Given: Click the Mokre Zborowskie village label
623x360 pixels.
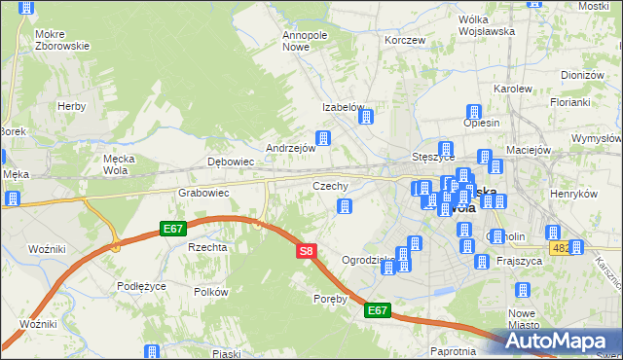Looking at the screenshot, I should (x=61, y=39).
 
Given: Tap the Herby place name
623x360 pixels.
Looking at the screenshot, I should (x=71, y=106).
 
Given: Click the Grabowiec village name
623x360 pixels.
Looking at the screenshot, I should (x=202, y=193).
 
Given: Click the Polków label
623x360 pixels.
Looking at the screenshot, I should (x=210, y=292).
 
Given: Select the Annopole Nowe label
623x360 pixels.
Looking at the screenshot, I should (x=304, y=41).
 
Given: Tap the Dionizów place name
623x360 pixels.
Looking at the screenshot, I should (x=583, y=75).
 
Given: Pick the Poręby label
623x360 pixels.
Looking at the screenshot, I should (x=330, y=299).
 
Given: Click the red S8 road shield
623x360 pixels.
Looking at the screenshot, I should (x=306, y=251).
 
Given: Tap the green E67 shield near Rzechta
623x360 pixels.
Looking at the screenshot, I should (x=173, y=229).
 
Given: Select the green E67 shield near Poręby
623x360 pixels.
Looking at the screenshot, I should (x=379, y=311).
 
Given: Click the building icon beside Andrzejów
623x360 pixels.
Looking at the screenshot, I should (x=322, y=138).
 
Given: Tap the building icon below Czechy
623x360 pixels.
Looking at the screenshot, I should (x=343, y=205).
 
